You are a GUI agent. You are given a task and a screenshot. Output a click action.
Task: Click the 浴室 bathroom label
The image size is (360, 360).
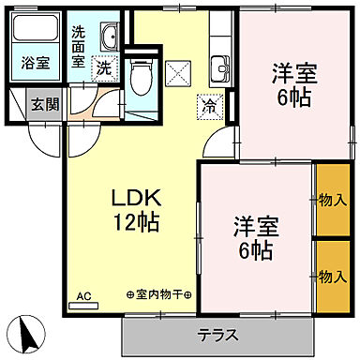click(x=37, y=64)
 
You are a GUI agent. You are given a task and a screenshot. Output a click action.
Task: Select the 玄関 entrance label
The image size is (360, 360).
click(x=40, y=104)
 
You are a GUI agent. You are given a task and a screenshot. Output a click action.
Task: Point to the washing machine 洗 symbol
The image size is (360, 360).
click(x=107, y=67)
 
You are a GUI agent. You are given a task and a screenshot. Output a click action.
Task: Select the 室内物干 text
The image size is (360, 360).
click(x=157, y=295)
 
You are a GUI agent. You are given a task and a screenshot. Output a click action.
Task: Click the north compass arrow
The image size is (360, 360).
click(x=29, y=333)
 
